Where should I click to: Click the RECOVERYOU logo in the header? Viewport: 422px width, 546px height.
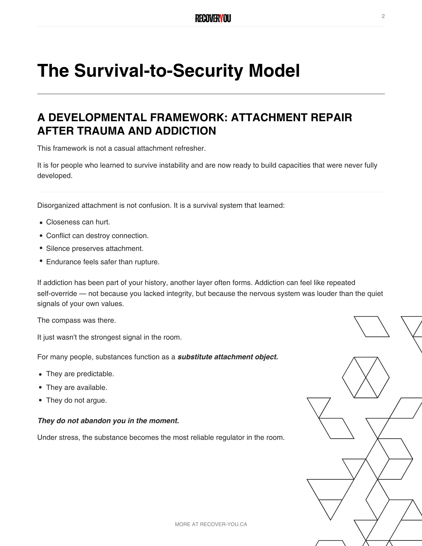[x=213, y=19]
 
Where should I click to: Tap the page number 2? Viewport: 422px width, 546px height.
[x=383, y=16]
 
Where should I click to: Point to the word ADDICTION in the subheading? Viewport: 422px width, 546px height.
[x=185, y=131]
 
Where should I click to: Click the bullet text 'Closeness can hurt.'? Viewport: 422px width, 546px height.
[x=78, y=222]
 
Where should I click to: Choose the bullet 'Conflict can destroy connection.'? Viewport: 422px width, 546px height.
[x=97, y=236]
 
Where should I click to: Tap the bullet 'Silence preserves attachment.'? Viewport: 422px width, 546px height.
[x=95, y=248]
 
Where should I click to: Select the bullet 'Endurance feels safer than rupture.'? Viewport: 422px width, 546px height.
[x=103, y=262]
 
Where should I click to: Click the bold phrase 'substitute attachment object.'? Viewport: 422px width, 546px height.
[x=228, y=357]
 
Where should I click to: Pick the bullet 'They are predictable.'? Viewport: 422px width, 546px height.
[x=80, y=374]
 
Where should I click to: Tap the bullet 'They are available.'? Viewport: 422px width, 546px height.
[x=76, y=387]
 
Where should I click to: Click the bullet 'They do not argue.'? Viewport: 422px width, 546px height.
[x=76, y=400]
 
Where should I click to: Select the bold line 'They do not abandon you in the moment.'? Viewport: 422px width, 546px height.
[x=108, y=421]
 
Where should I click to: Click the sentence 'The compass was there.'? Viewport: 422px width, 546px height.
[x=76, y=320]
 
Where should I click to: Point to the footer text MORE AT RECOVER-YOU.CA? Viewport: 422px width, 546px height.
[x=211, y=524]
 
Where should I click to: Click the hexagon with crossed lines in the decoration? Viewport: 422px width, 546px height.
[x=366, y=378]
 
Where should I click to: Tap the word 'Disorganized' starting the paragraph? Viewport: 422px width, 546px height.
[x=58, y=205]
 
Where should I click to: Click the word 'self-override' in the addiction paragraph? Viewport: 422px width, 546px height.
[x=57, y=294]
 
